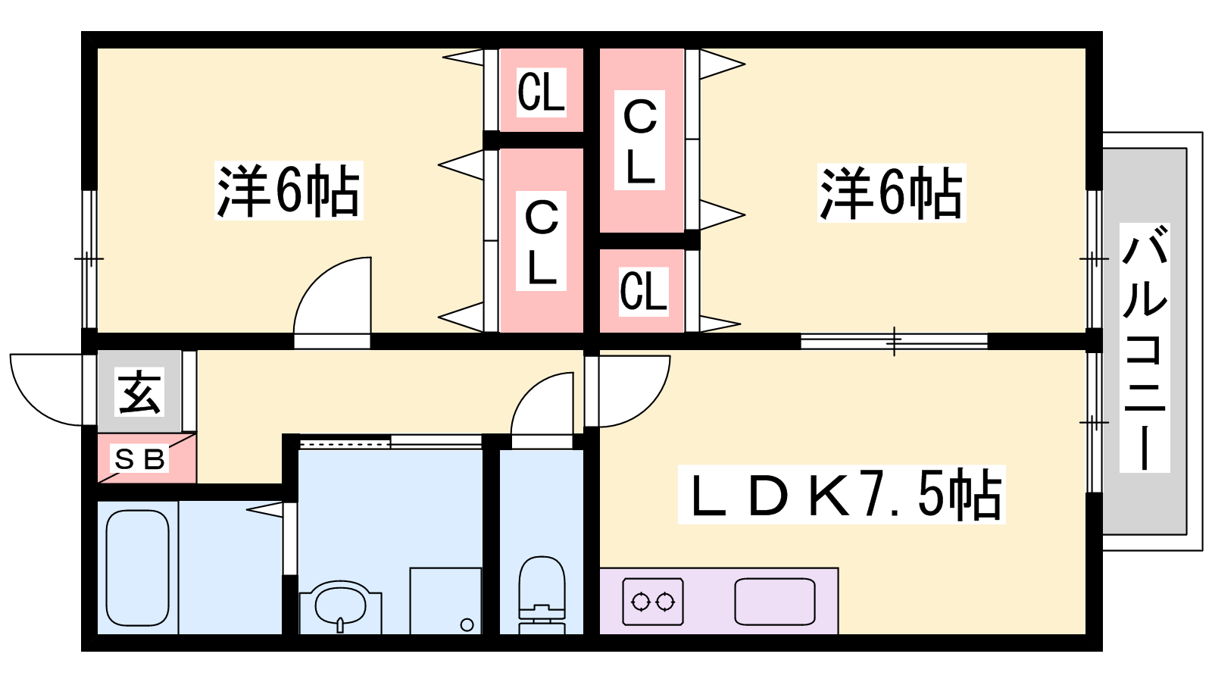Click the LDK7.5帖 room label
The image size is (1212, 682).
click(x=842, y=494)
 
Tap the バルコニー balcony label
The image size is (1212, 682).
click(x=1145, y=348)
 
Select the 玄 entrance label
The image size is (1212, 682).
click(x=139, y=392)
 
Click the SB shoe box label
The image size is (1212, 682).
click(x=139, y=459)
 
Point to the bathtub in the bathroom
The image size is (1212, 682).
click(x=137, y=568)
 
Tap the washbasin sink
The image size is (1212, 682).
click(x=340, y=606)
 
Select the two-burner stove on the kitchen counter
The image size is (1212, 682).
click(x=653, y=602)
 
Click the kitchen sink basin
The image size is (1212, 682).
click(x=775, y=602)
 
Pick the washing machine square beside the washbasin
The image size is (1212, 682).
click(x=445, y=601)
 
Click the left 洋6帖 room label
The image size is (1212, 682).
click(x=289, y=190)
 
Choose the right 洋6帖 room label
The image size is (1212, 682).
click(x=892, y=192)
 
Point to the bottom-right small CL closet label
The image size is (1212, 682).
click(x=643, y=292)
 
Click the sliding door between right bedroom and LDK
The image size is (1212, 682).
click(x=894, y=342)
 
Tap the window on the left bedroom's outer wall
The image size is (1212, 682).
click(x=90, y=258)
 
